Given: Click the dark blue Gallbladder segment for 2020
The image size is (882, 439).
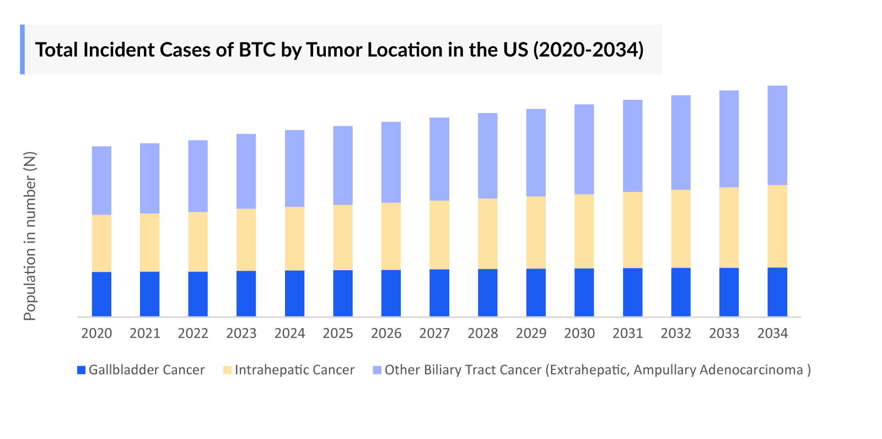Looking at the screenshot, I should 101,294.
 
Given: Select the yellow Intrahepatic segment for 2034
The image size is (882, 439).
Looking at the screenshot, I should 777,226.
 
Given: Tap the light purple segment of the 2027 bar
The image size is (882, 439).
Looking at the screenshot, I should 439,159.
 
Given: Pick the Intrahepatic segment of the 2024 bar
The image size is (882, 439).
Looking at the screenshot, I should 294,238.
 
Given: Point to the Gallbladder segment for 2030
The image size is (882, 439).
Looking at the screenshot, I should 584,292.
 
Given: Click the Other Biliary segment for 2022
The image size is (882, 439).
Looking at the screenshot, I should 198,176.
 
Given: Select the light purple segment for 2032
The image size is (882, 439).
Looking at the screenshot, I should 681,142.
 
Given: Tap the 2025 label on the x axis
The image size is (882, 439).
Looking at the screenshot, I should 338,333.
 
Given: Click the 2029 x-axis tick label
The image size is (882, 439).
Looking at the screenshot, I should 531,333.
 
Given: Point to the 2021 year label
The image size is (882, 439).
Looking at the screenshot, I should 144,333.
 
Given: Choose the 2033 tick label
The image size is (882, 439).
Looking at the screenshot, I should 724,333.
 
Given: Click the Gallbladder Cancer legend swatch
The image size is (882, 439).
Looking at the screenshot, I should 82,370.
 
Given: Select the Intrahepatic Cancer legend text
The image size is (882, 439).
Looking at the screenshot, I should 294,370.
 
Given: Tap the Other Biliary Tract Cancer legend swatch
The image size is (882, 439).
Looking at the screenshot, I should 377,370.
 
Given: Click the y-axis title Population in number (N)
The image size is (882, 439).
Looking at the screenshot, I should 30,236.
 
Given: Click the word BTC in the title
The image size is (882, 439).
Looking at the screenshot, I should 257,50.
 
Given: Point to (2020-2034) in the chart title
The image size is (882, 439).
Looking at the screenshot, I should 588,50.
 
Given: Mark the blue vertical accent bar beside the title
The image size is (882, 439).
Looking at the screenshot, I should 22,49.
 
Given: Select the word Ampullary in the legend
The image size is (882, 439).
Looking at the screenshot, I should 664,370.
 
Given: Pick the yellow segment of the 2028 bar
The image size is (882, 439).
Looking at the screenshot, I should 487,233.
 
